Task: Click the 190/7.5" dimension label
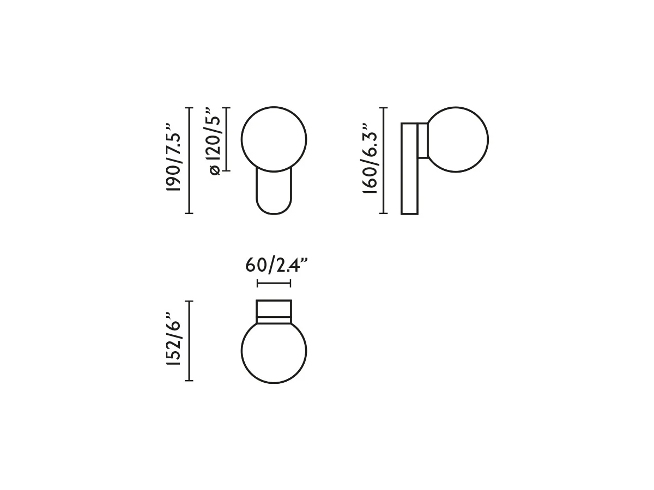(x=174, y=157)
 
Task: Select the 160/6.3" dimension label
(x=370, y=158)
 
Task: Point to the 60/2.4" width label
(x=276, y=265)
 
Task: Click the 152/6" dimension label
(x=174, y=339)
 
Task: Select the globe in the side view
(x=488, y=139)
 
